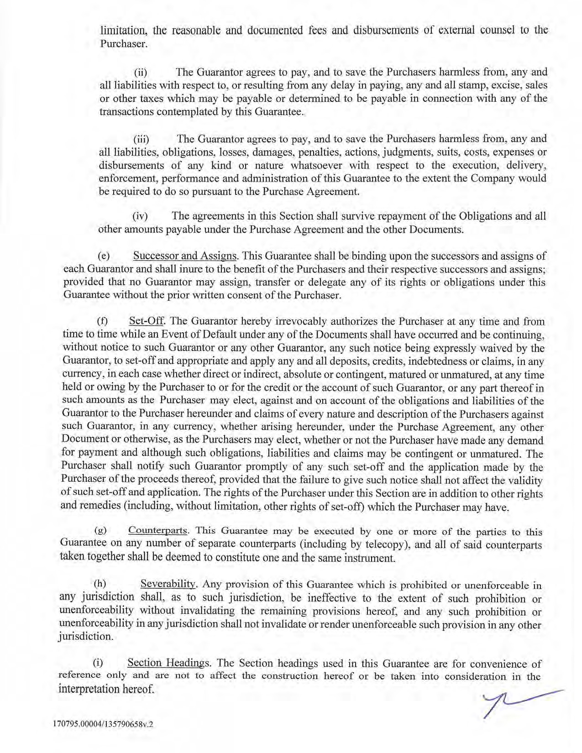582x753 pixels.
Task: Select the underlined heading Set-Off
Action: (147, 321)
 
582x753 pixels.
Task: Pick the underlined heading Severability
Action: (168, 584)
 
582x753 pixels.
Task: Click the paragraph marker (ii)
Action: (140, 73)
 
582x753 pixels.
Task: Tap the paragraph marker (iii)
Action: (141, 139)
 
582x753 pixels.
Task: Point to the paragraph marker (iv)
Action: (140, 216)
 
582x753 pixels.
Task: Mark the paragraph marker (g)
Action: (100, 531)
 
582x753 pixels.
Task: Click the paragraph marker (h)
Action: (100, 584)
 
